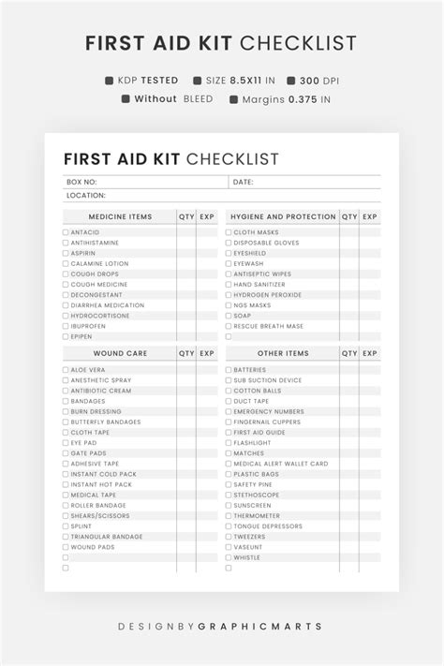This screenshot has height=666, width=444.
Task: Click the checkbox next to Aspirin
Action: click(x=66, y=253)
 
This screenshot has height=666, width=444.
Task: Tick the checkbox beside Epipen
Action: click(x=66, y=336)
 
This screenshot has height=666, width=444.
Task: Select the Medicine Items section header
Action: click(x=120, y=217)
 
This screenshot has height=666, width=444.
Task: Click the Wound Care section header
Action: click(x=120, y=354)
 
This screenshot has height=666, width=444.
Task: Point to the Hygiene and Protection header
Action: click(x=283, y=217)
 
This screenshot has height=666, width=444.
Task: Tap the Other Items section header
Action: click(x=283, y=354)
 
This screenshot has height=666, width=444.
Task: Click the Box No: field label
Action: click(x=81, y=183)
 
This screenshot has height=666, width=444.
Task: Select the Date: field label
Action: click(x=244, y=183)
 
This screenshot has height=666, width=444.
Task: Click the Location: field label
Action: click(x=86, y=196)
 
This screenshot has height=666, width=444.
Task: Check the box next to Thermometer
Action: click(x=229, y=516)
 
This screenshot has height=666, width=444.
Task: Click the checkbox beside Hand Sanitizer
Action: click(x=229, y=285)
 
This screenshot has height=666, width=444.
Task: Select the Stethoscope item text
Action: click(x=256, y=495)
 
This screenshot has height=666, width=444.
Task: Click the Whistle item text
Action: click(x=247, y=557)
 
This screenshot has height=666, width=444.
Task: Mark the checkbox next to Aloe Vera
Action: click(x=66, y=370)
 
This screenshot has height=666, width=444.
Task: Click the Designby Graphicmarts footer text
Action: click(x=221, y=626)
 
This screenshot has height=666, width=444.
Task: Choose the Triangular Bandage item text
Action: click(x=106, y=537)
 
